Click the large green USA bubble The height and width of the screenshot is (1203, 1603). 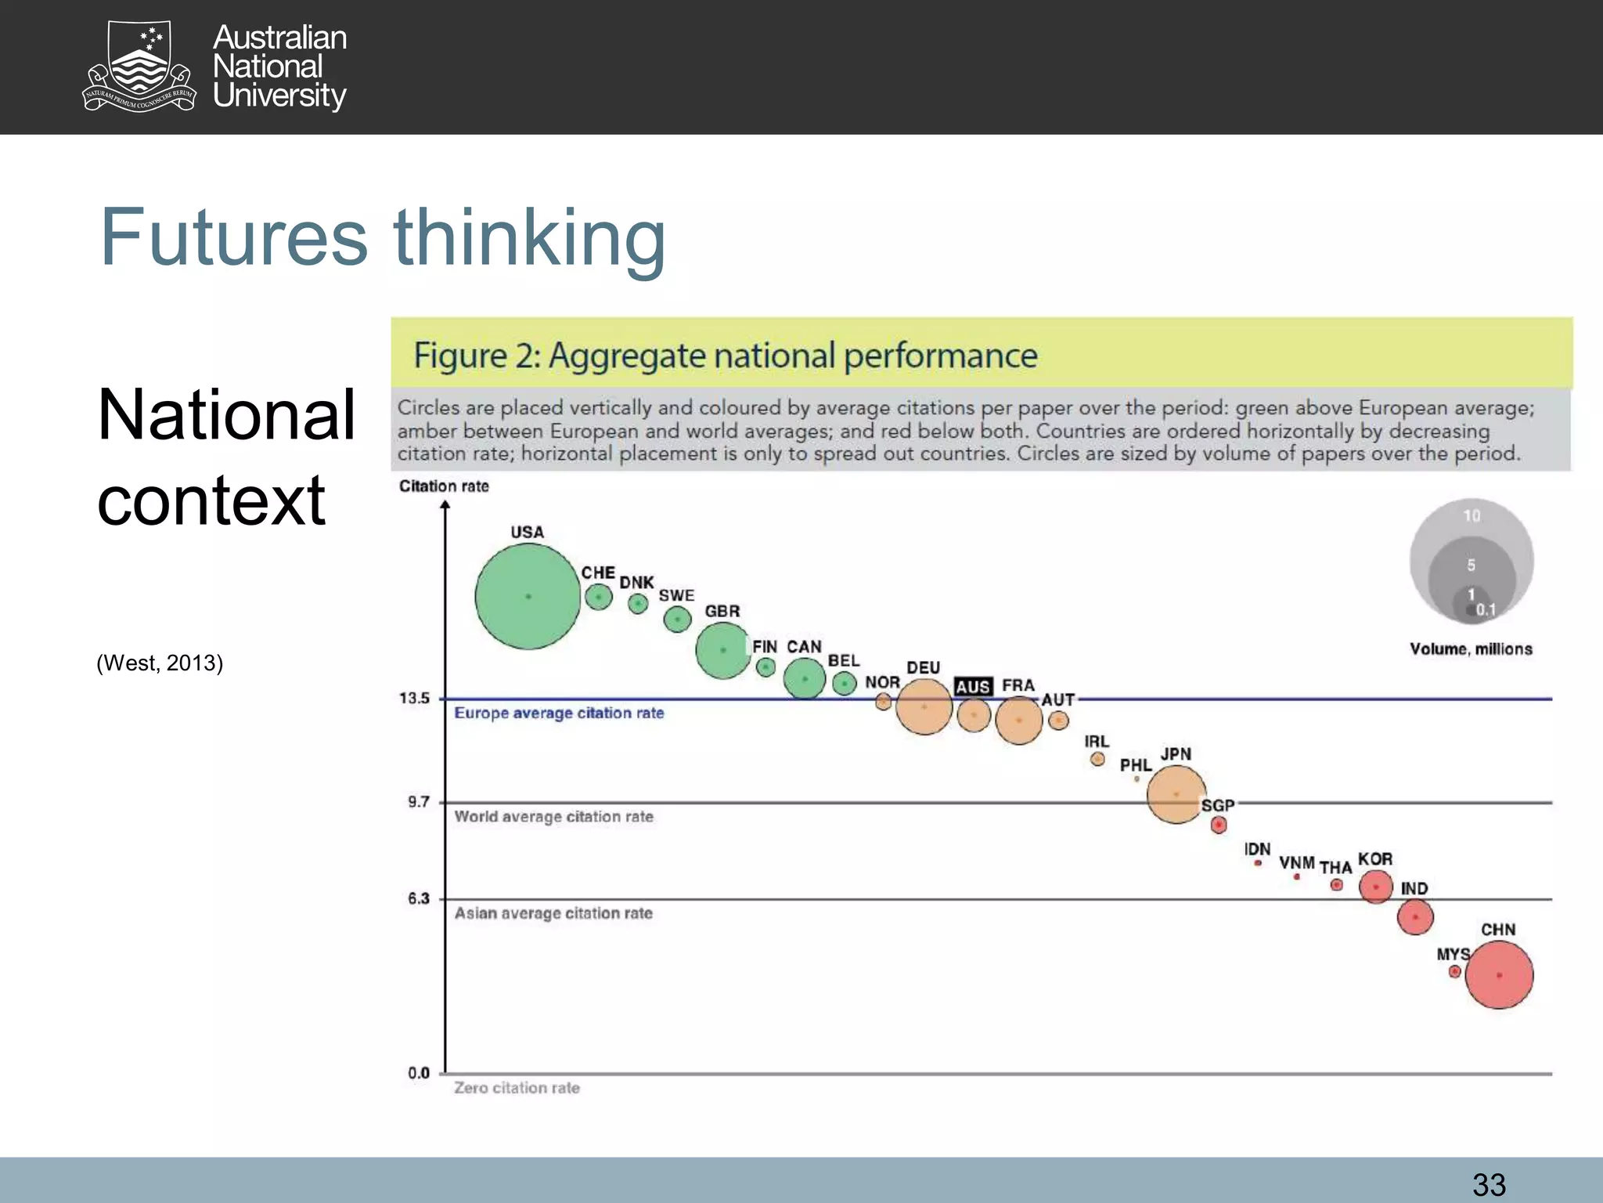click(x=528, y=597)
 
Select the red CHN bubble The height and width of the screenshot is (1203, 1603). click(x=1499, y=975)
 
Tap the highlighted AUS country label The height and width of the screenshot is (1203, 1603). click(x=973, y=687)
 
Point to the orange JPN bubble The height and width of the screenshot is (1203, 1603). click(x=1176, y=794)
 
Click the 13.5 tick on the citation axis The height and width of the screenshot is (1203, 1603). click(x=415, y=698)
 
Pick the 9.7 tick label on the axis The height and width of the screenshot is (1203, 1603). click(x=419, y=802)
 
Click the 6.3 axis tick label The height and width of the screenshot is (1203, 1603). click(x=419, y=898)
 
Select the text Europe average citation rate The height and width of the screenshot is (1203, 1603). click(x=559, y=713)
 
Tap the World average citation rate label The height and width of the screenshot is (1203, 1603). click(x=553, y=817)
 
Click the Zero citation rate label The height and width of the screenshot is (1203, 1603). click(x=517, y=1088)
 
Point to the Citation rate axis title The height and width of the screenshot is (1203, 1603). click(x=444, y=486)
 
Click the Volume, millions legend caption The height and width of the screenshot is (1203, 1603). click(x=1471, y=649)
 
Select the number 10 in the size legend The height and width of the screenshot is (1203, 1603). click(x=1472, y=516)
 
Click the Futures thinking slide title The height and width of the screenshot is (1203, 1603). click(x=383, y=237)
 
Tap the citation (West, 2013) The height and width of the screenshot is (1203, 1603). click(x=160, y=663)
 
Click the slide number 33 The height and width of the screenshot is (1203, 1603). click(x=1489, y=1184)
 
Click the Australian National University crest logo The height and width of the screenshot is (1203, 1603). click(x=139, y=67)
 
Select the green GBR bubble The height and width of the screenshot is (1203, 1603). click(x=722, y=650)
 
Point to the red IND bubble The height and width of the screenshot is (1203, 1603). click(x=1415, y=916)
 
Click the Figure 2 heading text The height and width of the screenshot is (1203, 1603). click(x=725, y=356)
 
